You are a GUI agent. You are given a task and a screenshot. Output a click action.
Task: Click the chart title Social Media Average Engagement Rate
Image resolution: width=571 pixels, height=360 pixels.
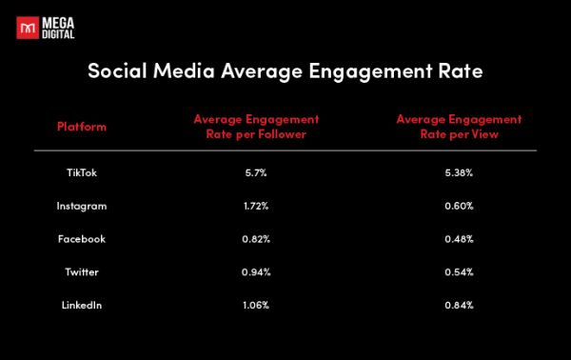tap(285, 71)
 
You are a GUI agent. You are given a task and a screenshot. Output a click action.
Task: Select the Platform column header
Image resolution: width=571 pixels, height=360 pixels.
tap(82, 127)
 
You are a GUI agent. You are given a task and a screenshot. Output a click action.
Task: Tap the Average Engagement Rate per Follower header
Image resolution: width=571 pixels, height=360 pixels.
tap(256, 127)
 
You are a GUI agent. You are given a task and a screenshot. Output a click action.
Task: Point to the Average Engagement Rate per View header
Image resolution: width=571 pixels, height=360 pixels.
tap(459, 127)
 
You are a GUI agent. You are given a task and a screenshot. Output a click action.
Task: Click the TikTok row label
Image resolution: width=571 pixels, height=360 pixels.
tap(82, 173)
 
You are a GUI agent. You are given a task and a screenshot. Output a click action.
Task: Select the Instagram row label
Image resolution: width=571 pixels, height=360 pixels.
tap(82, 206)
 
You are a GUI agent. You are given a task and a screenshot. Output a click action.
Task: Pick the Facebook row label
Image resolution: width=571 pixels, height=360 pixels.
tap(82, 239)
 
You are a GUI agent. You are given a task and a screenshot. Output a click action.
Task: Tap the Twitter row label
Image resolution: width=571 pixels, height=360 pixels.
tap(82, 271)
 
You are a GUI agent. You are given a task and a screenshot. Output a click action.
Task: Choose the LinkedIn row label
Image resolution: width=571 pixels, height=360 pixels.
tap(82, 305)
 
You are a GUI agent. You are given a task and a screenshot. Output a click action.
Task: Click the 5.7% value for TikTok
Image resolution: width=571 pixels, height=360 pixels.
tap(256, 173)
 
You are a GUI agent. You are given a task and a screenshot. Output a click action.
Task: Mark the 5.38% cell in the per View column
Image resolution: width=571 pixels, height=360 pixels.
tap(459, 173)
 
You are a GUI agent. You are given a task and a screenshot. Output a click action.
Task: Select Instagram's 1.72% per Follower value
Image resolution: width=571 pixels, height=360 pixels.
tap(256, 206)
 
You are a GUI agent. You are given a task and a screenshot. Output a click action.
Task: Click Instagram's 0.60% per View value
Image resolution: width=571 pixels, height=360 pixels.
tap(459, 206)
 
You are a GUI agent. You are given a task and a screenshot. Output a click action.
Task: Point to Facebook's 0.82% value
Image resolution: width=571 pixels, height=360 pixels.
tap(256, 239)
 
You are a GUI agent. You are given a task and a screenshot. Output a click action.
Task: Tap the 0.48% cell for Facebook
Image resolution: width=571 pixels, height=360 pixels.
tap(459, 239)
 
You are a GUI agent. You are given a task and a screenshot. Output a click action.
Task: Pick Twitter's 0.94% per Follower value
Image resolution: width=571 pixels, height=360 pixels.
tap(256, 271)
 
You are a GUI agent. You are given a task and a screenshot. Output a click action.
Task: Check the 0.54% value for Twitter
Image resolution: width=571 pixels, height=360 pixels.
tap(459, 271)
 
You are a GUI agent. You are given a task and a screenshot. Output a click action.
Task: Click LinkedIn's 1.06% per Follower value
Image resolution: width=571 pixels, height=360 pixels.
tap(256, 305)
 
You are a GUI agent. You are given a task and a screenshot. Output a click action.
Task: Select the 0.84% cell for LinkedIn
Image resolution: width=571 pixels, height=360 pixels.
tap(459, 305)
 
